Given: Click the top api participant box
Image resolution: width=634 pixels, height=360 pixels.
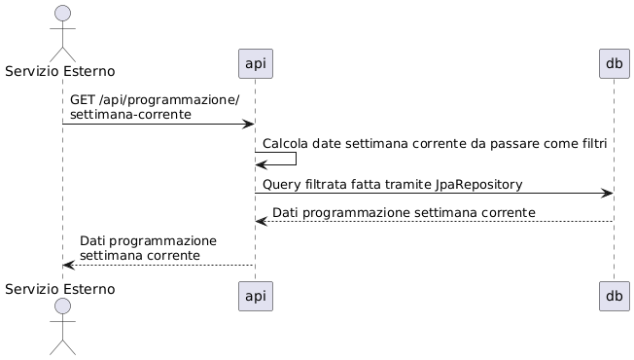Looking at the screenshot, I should click(255, 63).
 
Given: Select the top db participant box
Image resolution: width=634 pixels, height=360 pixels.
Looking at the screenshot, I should click(615, 63).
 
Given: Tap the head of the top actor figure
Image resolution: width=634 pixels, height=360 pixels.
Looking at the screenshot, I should click(62, 14).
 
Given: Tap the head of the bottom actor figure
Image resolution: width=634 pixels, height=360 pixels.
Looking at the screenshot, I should click(62, 309).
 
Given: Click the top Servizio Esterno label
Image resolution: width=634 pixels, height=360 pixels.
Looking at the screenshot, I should click(62, 70).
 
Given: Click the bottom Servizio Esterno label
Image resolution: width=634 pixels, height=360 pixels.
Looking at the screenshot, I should click(62, 289).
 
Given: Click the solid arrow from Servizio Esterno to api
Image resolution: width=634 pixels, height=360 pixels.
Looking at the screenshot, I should click(156, 124).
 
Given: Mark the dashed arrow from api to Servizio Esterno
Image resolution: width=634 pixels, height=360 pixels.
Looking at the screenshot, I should click(156, 265).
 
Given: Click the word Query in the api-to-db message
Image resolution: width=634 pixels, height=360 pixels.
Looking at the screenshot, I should click(282, 184).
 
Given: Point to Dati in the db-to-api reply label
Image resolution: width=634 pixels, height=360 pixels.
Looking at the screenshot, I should click(288, 212).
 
